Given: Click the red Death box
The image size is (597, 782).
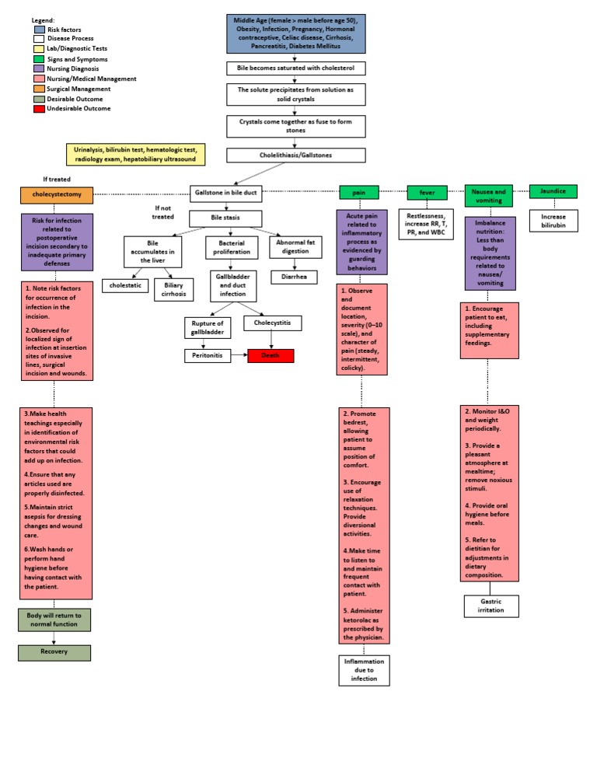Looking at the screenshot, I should coord(271,356).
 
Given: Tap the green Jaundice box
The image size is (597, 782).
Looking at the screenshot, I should coord(553,191).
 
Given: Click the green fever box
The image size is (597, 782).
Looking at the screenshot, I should coord(428,192).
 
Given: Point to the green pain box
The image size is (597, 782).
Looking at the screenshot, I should coord(359,192).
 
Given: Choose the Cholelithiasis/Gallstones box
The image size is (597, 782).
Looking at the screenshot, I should coord(296,155).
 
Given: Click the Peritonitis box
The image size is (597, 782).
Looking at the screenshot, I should coord(208,356).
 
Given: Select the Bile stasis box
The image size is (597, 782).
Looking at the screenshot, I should coord(225,218).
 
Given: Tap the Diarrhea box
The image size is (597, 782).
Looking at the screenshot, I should coord(293,277).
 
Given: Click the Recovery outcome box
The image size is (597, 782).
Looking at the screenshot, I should coord(54,652).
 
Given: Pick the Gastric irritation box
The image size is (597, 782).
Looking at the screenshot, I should coord(491,606).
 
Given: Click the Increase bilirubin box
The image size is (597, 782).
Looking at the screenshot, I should coord(553,221).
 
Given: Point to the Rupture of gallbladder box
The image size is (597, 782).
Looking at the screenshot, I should coord(208,328).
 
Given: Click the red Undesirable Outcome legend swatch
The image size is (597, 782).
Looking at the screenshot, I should coord(39,108).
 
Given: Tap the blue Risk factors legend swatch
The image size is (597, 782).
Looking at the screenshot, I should coord(39,30).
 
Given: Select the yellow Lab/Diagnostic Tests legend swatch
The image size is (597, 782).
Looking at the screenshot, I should coord(39,49).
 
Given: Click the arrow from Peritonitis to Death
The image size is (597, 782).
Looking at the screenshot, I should coord(239,356).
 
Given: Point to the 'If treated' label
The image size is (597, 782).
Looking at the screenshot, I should coord(57,180).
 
